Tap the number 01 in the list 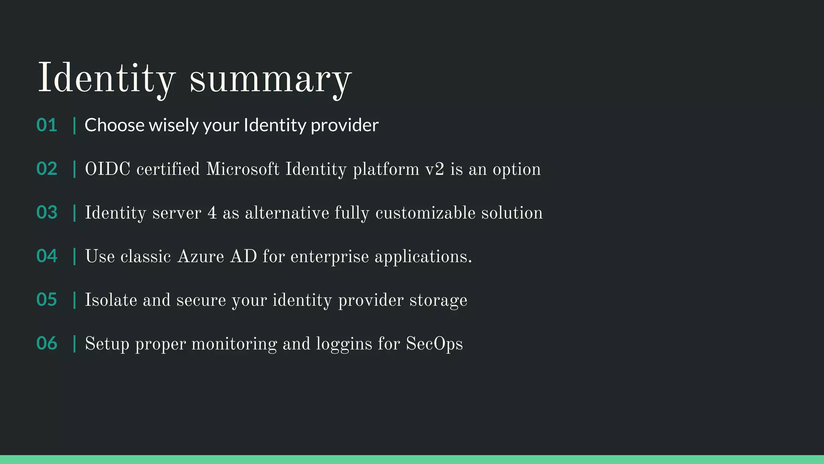pos(47,125)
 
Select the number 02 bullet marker pos(47,169)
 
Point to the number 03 pos(47,212)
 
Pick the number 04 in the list pos(47,256)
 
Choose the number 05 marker pos(47,300)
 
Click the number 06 pos(47,344)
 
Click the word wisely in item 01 pos(173,125)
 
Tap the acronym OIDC pos(107,169)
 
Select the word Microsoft pos(243,169)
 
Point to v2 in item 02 pos(435,169)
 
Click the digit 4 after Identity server pos(212,213)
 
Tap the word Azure pos(200,257)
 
